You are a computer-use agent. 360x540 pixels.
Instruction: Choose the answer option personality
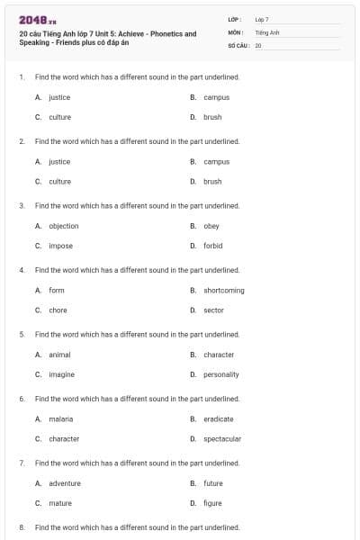(221, 374)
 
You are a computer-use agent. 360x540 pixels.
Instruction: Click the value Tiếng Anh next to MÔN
(267, 31)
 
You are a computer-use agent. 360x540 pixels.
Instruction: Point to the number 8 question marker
(21, 527)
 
